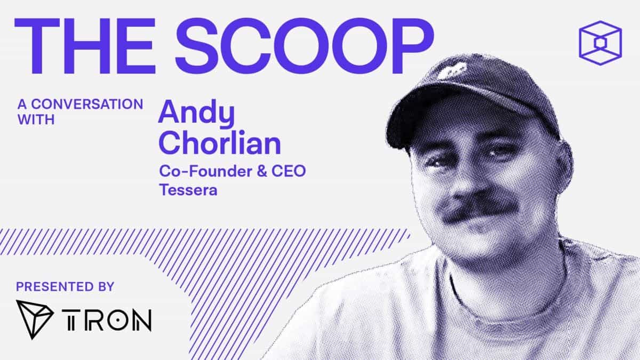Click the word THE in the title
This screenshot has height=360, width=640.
point(85,46)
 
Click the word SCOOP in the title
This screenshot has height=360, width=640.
point(305,46)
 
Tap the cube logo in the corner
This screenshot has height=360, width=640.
point(601,43)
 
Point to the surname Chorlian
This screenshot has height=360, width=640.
point(220,142)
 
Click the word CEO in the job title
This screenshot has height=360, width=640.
point(289,171)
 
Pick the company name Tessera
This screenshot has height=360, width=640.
point(188,190)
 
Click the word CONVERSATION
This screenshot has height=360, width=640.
point(87,104)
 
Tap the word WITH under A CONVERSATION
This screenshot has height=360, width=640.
point(36,119)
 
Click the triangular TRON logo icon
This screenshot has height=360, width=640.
point(34,319)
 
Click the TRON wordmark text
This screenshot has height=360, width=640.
point(107,319)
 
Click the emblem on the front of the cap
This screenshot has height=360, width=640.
point(452,70)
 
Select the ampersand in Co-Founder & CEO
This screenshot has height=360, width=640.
point(262,171)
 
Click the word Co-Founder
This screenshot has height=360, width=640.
point(206,171)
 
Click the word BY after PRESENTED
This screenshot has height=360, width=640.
point(106,286)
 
